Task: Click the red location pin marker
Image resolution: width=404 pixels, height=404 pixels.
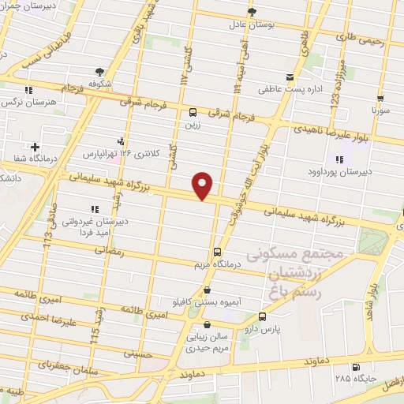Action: [x=203, y=185]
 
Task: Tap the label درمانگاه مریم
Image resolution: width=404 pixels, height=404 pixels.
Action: [x=217, y=265]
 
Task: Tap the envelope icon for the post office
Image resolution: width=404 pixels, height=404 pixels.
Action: [x=290, y=77]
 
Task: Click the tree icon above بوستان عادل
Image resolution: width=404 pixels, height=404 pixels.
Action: [x=252, y=11]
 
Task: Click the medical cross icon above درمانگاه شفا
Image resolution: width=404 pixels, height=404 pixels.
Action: [x=35, y=147]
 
